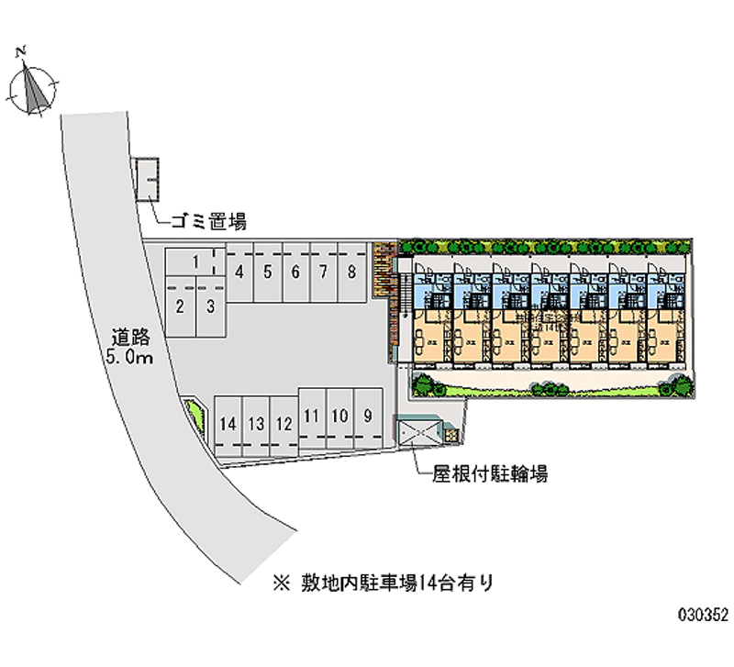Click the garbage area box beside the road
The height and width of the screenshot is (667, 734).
147,179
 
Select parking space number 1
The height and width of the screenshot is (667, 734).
195,262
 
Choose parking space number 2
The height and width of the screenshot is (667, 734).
181,307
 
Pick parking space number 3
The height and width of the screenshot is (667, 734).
210,307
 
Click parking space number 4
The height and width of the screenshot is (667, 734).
239,272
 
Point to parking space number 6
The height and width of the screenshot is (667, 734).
295,272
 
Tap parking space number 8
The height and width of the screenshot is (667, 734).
351,272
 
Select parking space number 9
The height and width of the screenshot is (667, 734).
368,416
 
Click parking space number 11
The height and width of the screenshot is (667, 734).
312,416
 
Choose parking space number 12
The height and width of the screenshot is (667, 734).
284,424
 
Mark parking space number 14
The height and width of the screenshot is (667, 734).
228,424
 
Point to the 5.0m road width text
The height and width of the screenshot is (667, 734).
128,358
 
